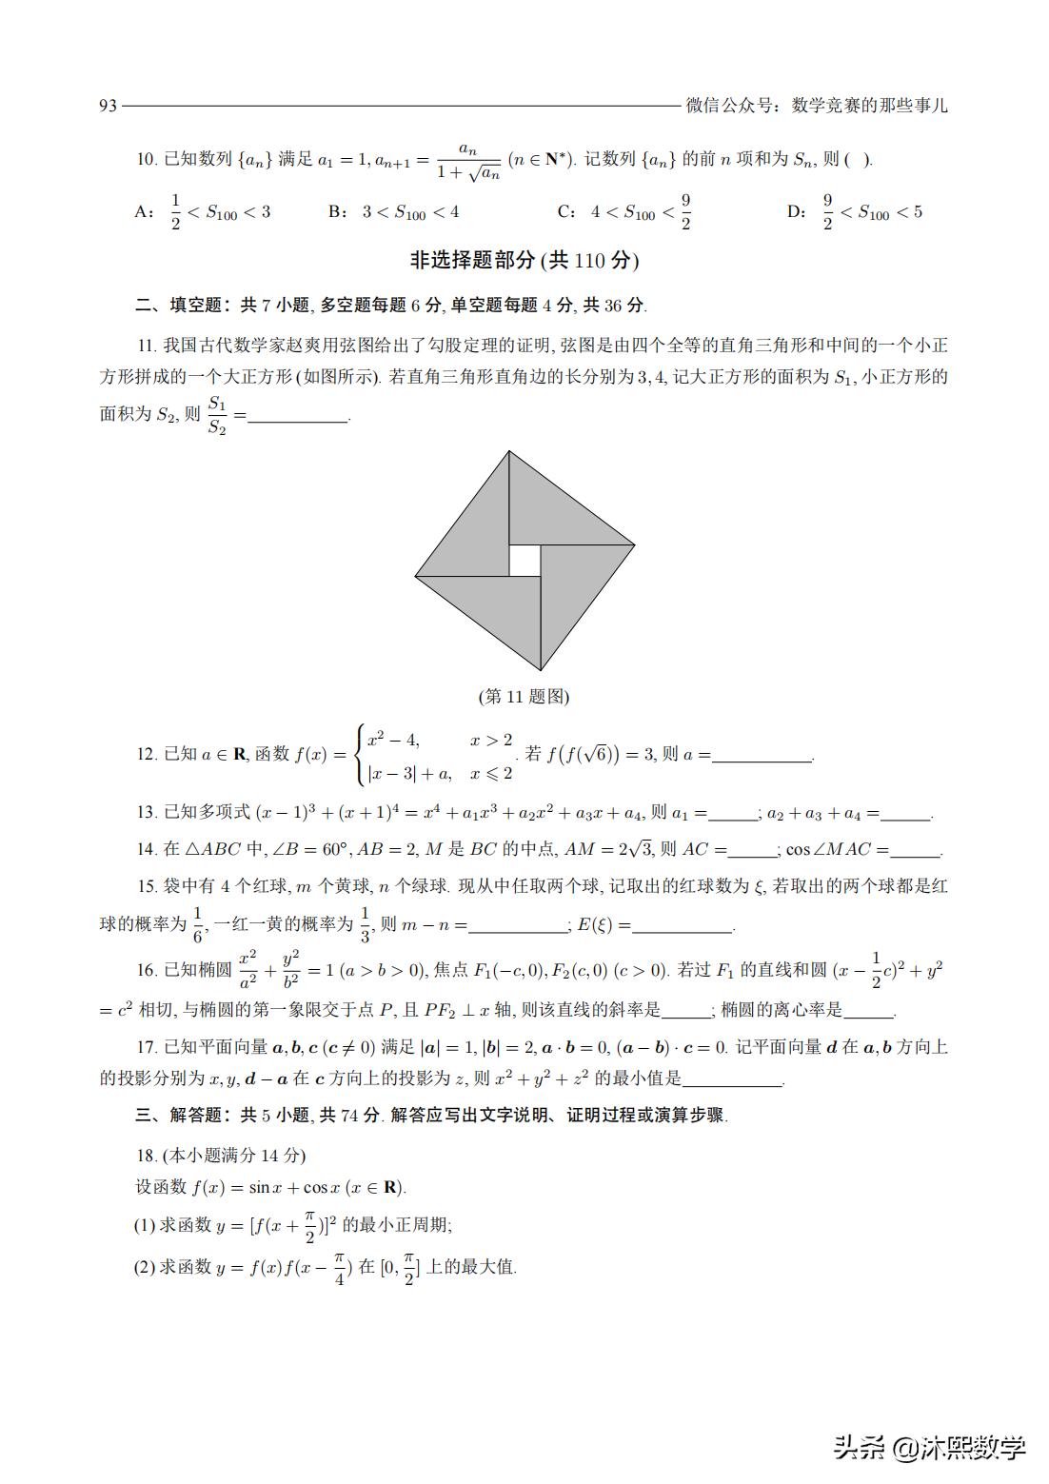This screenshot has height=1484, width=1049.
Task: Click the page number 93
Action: point(108,106)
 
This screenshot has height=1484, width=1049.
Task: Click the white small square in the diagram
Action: point(524,561)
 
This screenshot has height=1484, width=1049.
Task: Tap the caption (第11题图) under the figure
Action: point(524,697)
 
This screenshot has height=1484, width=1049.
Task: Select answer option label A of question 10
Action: point(144,211)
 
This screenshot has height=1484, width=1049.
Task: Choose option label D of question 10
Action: point(796,211)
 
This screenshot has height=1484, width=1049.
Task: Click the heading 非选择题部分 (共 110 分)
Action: point(524,260)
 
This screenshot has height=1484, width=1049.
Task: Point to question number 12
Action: point(147,755)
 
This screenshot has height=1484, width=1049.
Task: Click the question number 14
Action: point(147,849)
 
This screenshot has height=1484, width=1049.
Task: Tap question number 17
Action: point(147,1048)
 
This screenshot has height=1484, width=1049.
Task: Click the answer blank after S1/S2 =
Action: point(298,417)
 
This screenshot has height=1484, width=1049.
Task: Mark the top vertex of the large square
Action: point(509,451)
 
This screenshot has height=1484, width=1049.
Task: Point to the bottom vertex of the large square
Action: point(541,670)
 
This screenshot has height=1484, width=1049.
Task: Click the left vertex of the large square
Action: point(416,576)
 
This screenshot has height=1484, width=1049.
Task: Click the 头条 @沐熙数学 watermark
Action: point(929,1448)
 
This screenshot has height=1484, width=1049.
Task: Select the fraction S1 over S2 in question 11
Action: point(218,415)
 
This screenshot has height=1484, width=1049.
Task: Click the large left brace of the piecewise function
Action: point(360,755)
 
